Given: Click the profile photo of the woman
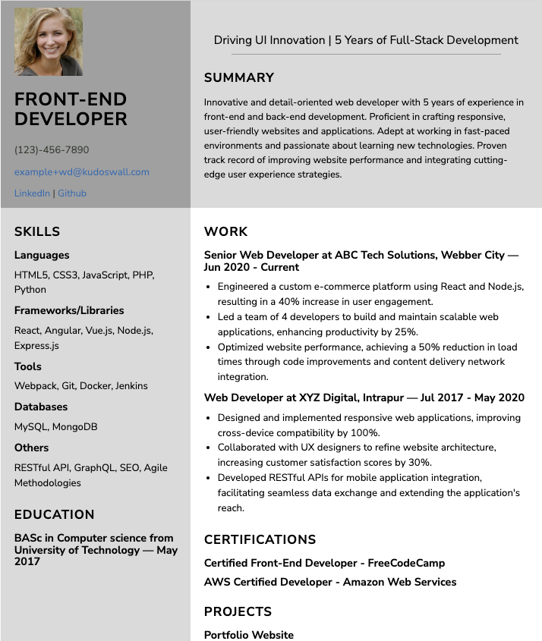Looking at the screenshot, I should coord(49,42).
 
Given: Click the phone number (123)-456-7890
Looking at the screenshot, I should coord(52,150).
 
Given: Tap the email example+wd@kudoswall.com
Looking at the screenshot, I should coord(82,172).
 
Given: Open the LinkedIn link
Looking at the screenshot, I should coord(32,193).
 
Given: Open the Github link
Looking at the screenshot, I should coord(72,193).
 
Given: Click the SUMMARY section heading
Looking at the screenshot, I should coord(239,77).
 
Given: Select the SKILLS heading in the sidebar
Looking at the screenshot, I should coord(37,232).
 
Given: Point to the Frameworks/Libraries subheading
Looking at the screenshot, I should coord(69,310).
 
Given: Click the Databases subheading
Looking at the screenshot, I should coord(41,407).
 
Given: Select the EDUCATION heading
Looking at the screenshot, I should coord(55,514).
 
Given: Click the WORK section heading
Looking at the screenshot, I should coord(226,232).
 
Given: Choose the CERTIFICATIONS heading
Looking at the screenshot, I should coord(260,540).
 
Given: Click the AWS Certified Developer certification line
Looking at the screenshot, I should coord(330,582).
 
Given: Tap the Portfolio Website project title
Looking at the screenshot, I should coord(249,635).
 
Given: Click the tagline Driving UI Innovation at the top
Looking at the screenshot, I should coord(366,40).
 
